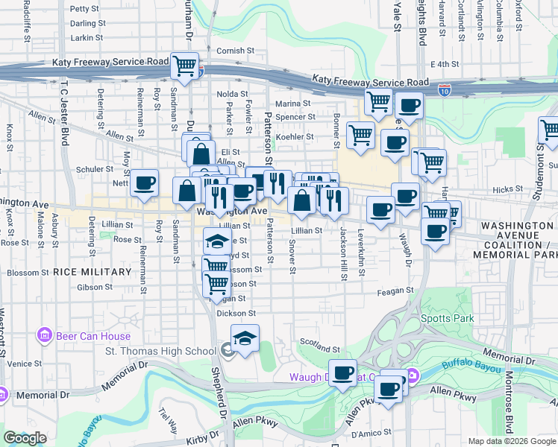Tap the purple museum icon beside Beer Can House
[44, 336]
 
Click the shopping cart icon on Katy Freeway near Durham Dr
[184, 65]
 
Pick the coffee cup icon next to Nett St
[145, 182]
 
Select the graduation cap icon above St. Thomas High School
[245, 337]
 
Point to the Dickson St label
[236, 314]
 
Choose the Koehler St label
[295, 137]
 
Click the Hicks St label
[509, 190]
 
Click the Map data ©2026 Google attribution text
[511, 441]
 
